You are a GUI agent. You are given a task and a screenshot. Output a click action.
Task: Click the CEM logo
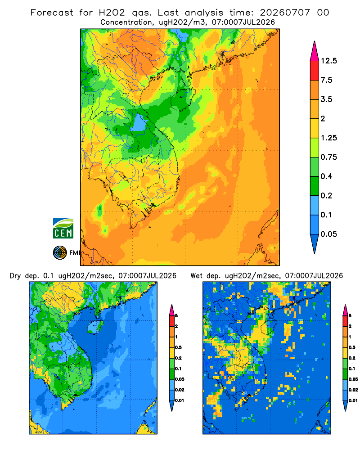pos(63,229)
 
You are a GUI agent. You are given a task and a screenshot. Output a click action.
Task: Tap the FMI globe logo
pos(60,252)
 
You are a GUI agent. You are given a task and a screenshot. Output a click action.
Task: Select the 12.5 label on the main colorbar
pos(329,61)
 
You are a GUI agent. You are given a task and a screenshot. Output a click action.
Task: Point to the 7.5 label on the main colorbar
pos(326,80)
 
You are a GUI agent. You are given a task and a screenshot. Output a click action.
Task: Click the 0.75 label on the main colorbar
pos(328,157)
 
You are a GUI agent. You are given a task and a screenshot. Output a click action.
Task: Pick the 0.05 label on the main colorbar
pos(328,234)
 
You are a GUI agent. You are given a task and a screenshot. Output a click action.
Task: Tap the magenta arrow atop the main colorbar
pos(315,52)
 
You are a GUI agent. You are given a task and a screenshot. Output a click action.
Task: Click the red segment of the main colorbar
pos(315,71)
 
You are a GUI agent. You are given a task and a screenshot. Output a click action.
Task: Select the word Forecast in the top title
pos(52,13)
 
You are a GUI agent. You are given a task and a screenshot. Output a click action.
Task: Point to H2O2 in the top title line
pos(112,13)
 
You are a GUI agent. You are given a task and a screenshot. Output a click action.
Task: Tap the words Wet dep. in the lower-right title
pos(205,276)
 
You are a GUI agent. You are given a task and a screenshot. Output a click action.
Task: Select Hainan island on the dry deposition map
pos(95,327)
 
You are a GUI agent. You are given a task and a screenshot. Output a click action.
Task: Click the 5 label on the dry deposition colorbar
pos(176,316)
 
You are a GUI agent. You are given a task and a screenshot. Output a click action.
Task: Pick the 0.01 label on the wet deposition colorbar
pos(353,400)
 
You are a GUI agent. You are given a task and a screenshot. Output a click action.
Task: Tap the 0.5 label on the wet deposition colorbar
pos(351,347)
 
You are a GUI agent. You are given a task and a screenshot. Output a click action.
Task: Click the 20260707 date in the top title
pos(285,13)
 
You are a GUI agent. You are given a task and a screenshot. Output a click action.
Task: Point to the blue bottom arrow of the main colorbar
pos(315,243)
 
